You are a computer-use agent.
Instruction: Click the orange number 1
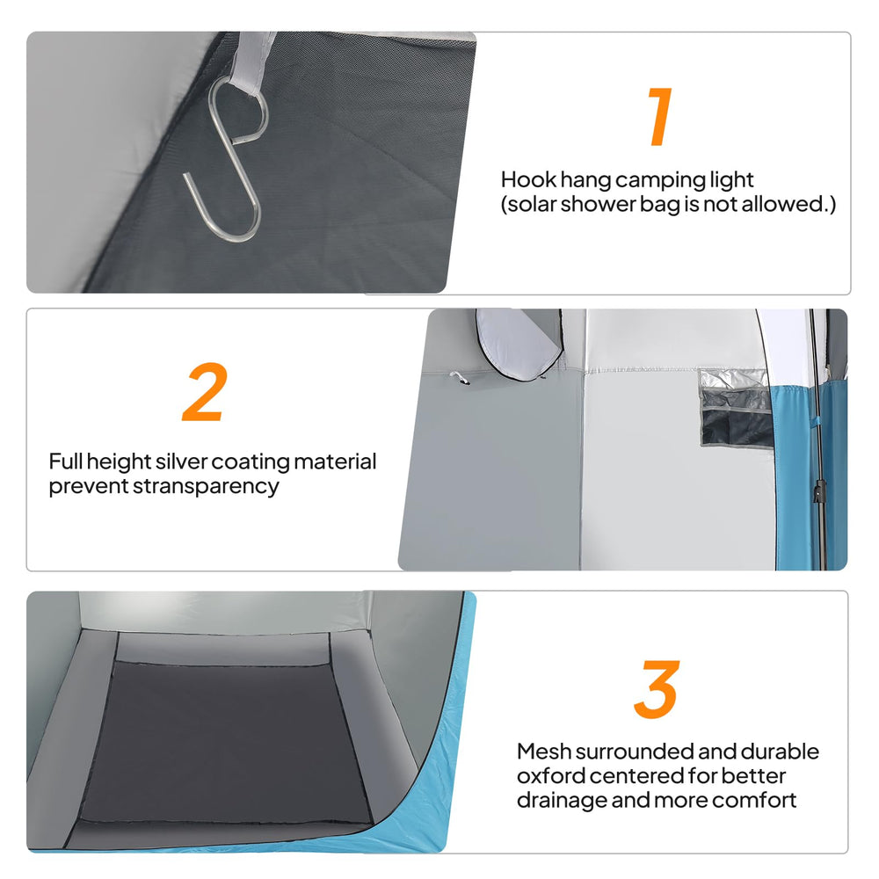click(660, 116)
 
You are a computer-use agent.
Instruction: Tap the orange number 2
click(205, 392)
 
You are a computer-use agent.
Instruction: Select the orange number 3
click(657, 689)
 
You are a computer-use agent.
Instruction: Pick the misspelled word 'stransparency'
click(205, 487)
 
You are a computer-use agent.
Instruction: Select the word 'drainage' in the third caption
click(562, 801)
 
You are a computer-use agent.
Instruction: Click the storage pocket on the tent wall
click(736, 408)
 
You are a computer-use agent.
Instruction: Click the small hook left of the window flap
click(460, 378)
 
